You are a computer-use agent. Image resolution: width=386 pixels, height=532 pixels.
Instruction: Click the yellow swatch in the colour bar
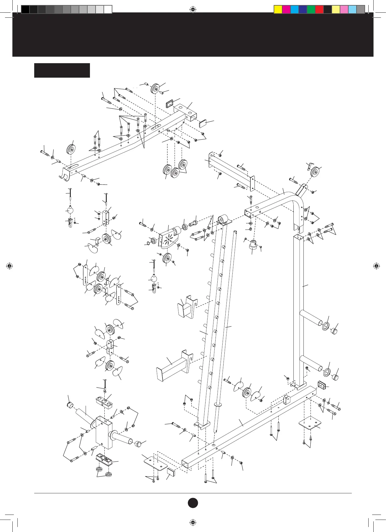pos(278,9)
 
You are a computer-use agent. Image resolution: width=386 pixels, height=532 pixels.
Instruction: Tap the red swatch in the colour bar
pos(319,9)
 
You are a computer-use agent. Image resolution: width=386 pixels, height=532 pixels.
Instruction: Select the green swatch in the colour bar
pos(311,9)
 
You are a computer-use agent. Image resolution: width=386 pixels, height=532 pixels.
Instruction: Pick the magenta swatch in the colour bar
pos(286,9)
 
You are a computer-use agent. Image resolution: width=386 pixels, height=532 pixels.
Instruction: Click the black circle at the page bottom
pos(193,503)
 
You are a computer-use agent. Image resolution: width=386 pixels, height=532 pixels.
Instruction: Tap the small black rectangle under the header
pos(62,70)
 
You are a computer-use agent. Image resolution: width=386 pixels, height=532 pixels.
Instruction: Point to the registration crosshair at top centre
pos(193,9)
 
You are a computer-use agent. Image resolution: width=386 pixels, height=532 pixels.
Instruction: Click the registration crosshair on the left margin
pos(9,266)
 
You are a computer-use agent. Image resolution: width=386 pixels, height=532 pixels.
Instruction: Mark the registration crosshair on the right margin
pos(376,266)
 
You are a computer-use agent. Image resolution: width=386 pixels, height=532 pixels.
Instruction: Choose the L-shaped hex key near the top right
pos(310,166)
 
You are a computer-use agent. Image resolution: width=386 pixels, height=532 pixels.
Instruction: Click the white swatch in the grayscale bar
pos(108,9)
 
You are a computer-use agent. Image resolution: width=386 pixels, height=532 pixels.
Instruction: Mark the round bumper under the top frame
pos(253,245)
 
